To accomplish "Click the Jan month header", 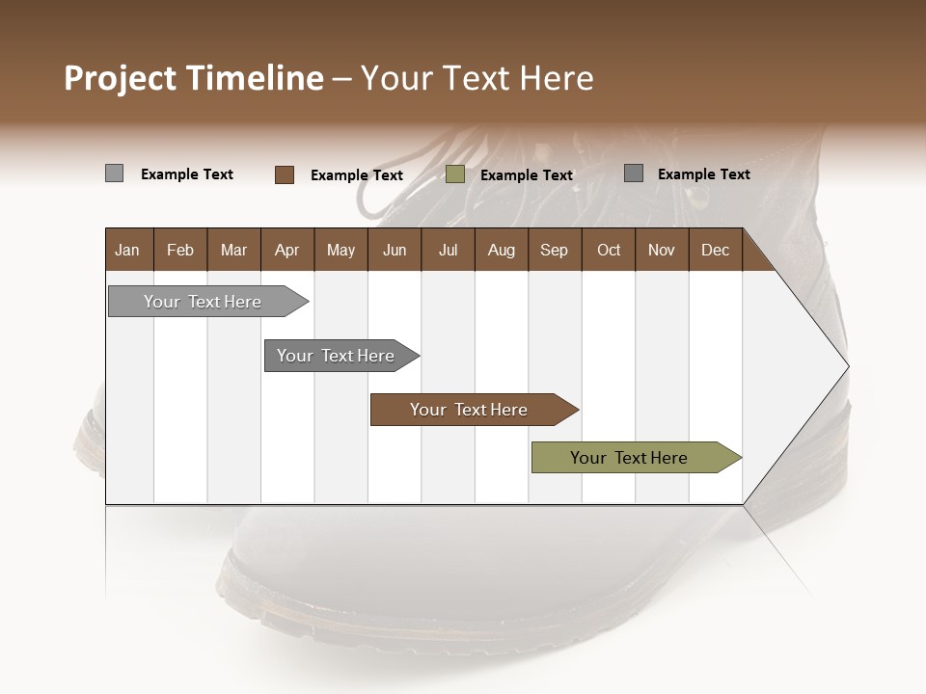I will pyautogui.click(x=128, y=250).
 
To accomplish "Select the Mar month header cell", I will pyautogui.click(x=233, y=250).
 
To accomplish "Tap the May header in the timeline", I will pyautogui.click(x=340, y=250).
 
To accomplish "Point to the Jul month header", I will pyautogui.click(x=448, y=250).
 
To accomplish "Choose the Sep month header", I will pyautogui.click(x=554, y=250).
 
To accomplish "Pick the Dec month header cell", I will pyautogui.click(x=715, y=250).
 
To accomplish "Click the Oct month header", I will pyautogui.click(x=608, y=250).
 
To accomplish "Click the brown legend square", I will pyautogui.click(x=284, y=174).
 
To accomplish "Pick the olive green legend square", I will pyautogui.click(x=455, y=174).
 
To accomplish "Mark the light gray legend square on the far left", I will pyautogui.click(x=114, y=173).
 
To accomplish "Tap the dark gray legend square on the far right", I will pyautogui.click(x=633, y=173).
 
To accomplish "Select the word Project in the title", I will pyautogui.click(x=121, y=78).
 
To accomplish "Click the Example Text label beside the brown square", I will pyautogui.click(x=356, y=175).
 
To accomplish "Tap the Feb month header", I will pyautogui.click(x=180, y=250).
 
